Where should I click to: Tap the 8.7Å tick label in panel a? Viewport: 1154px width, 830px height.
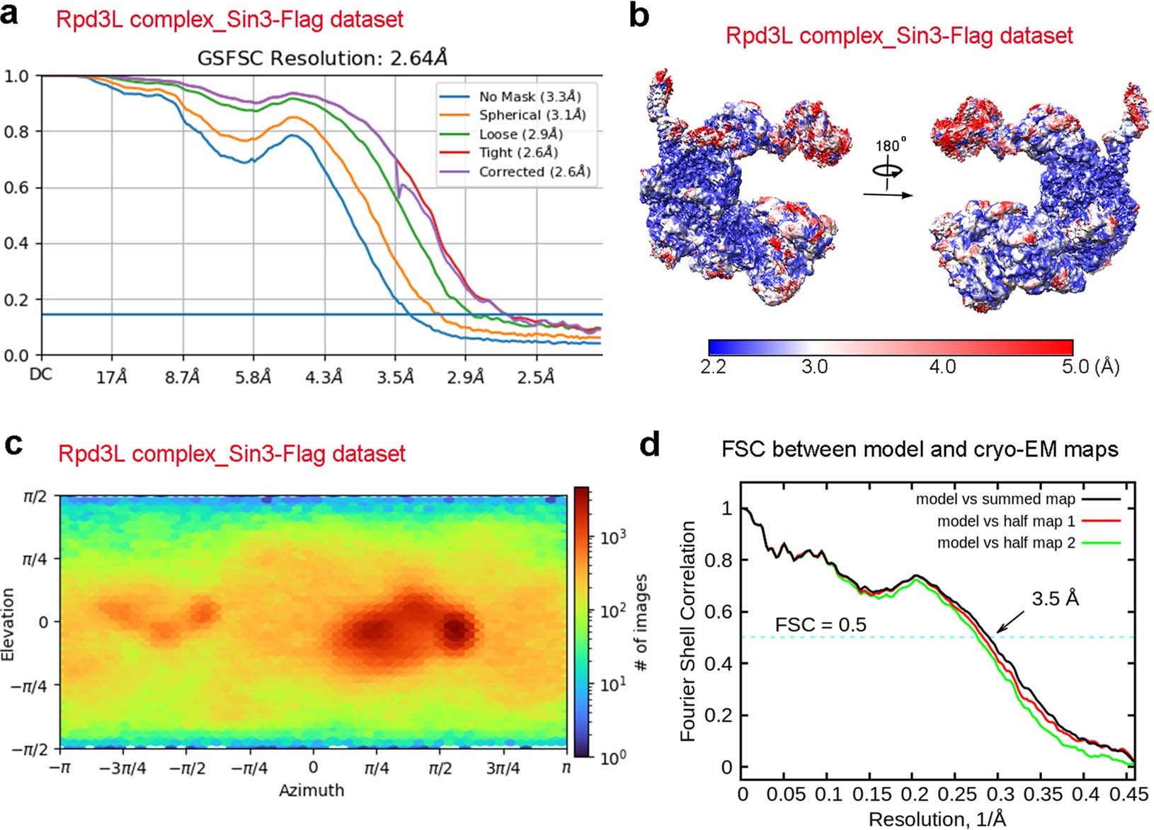click(183, 378)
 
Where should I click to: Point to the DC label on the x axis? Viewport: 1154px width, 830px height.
click(41, 375)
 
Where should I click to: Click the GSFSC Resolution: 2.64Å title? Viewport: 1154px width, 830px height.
click(322, 57)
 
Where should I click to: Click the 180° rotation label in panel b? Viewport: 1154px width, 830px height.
click(890, 146)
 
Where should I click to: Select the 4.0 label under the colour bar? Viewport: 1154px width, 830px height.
click(941, 367)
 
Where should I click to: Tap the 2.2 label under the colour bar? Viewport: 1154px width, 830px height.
click(713, 367)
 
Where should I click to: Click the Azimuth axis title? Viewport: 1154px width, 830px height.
click(312, 790)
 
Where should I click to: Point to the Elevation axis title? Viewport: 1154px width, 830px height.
click(8, 623)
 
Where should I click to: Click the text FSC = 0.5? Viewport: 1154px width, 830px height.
click(821, 625)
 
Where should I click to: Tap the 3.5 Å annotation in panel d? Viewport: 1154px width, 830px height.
click(1055, 599)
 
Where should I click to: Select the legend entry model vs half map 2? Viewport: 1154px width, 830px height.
click(1005, 543)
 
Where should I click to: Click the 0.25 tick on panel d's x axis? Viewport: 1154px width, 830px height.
click(914, 794)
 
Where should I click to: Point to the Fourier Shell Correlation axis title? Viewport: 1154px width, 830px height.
click(687, 632)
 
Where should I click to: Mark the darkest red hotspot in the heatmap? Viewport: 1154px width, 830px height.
click(456, 629)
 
